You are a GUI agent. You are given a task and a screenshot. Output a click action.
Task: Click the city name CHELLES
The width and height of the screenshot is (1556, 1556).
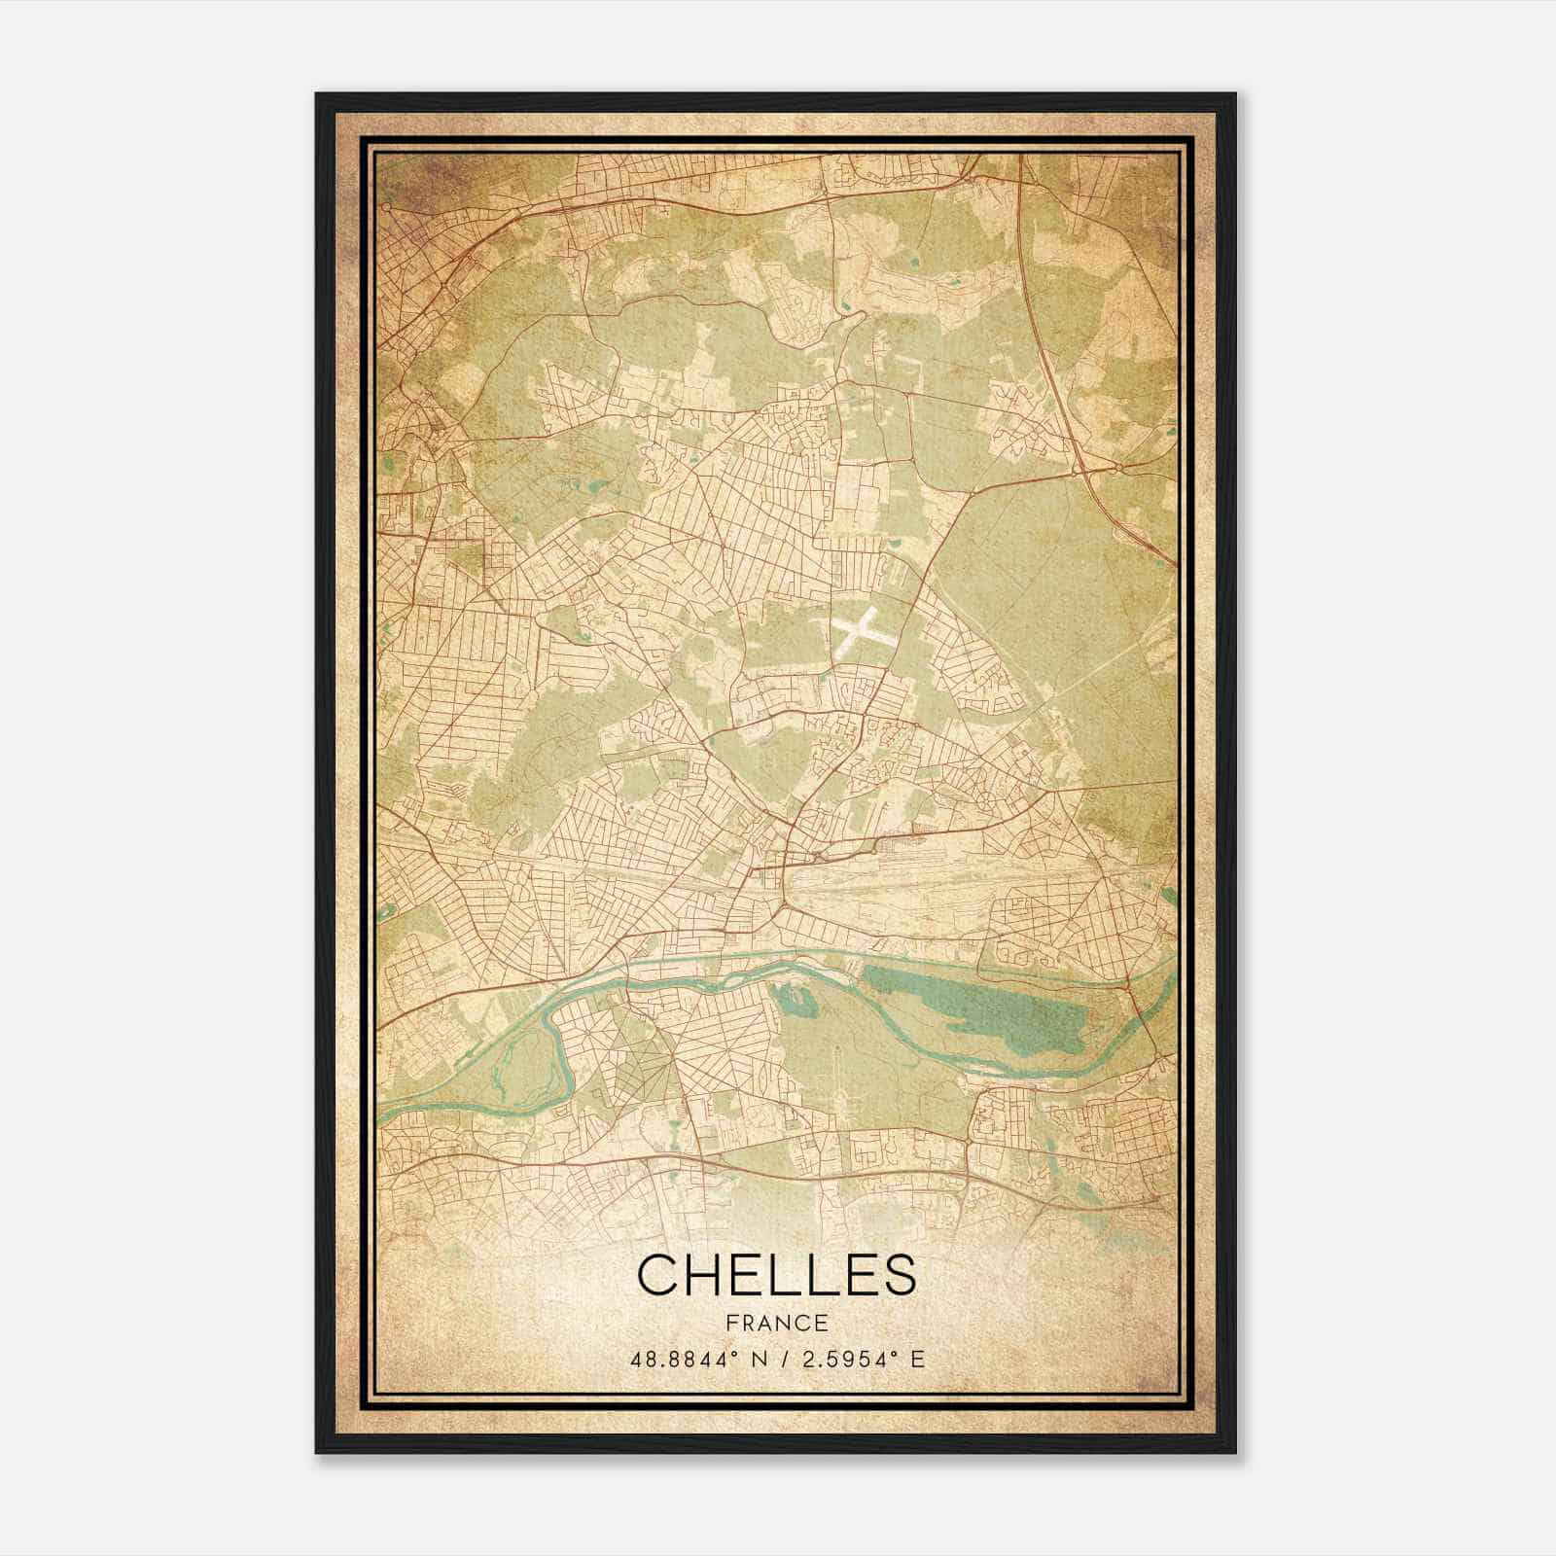pyautogui.click(x=776, y=1274)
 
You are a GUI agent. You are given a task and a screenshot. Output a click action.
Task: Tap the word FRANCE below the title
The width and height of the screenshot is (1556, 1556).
pyautogui.click(x=776, y=1324)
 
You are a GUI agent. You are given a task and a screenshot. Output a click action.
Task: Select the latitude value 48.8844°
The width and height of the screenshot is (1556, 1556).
pyautogui.click(x=680, y=1359)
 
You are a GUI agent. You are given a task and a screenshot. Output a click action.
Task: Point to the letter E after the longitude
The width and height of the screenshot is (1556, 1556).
pyautogui.click(x=918, y=1359)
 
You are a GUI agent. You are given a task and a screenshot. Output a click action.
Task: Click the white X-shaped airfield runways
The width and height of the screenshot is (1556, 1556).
pyautogui.click(x=856, y=629)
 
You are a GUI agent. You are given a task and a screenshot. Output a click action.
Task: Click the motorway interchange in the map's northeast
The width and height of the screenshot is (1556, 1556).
pyautogui.click(x=1118, y=469)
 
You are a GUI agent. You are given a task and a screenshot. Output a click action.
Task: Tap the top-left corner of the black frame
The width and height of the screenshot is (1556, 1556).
pyautogui.click(x=318, y=95)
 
